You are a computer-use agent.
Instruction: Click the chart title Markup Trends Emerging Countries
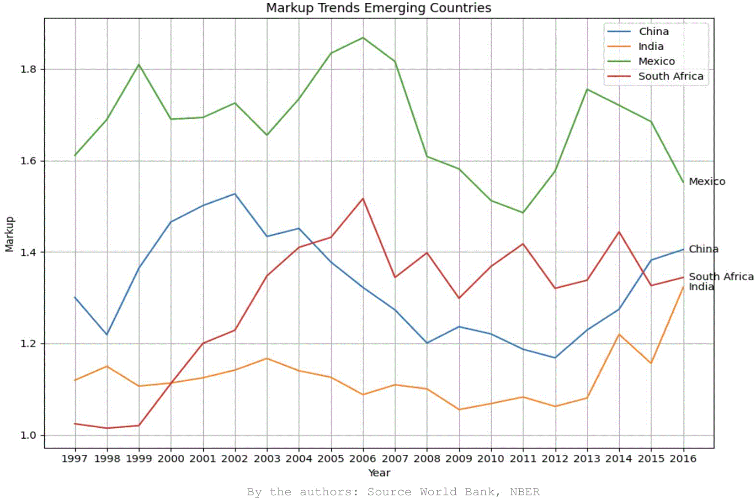pyautogui.click(x=378, y=8)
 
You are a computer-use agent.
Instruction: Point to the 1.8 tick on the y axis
pyautogui.click(x=28, y=69)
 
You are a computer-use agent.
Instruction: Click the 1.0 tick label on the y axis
pyautogui.click(x=28, y=435)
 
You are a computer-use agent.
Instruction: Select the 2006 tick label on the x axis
pyautogui.click(x=363, y=458)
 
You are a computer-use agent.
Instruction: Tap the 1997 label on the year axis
pyautogui.click(x=75, y=458)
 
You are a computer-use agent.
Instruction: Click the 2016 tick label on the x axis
pyautogui.click(x=683, y=458)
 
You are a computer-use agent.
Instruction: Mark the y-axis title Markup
pyautogui.click(x=10, y=234)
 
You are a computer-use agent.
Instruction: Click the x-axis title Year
pyautogui.click(x=379, y=473)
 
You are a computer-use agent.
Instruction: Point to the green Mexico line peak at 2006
pyautogui.click(x=363, y=37)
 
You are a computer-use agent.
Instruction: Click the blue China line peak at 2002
pyautogui.click(x=235, y=194)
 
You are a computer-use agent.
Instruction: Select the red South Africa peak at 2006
pyautogui.click(x=363, y=198)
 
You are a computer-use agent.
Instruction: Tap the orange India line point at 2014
pyautogui.click(x=619, y=334)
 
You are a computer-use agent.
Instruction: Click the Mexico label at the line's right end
pyautogui.click(x=707, y=181)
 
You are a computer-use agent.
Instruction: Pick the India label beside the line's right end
pyautogui.click(x=701, y=287)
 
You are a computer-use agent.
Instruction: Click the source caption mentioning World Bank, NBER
pyautogui.click(x=393, y=492)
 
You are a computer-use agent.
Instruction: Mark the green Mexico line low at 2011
pyautogui.click(x=523, y=212)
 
